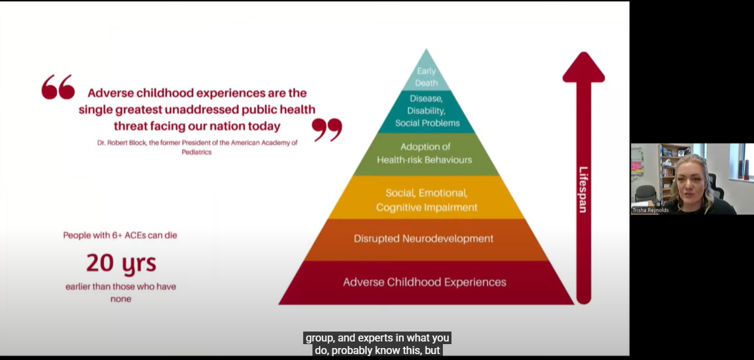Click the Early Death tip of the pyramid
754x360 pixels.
pyautogui.click(x=426, y=72)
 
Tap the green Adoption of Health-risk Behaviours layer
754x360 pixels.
pyautogui.click(x=426, y=154)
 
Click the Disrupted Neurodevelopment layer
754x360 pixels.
pyautogui.click(x=426, y=240)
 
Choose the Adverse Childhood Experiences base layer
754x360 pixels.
pyautogui.click(x=426, y=283)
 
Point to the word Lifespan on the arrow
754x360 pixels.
pyautogui.click(x=583, y=189)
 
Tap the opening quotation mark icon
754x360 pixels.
pyautogui.click(x=58, y=87)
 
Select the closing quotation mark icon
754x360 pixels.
pyautogui.click(x=327, y=129)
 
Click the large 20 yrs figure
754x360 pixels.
pyautogui.click(x=121, y=263)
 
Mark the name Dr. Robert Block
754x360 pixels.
pyautogui.click(x=120, y=143)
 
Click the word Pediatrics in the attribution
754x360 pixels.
pyautogui.click(x=197, y=152)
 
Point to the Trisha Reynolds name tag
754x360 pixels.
pyautogui.click(x=651, y=210)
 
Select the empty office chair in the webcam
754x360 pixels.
pyautogui.click(x=645, y=195)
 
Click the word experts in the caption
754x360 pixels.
pyautogui.click(x=368, y=338)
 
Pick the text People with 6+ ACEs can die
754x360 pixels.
pyautogui.click(x=120, y=236)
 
